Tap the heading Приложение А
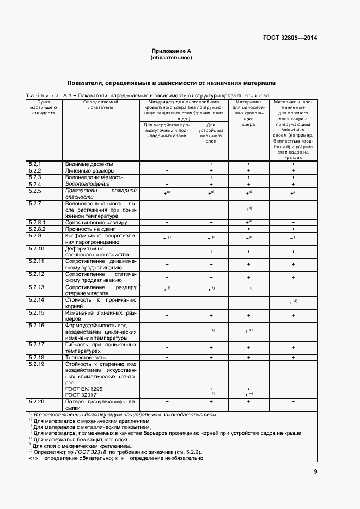pyautogui.click(x=172, y=51)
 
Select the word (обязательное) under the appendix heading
pyautogui.click(x=172, y=57)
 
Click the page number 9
pyautogui.click(x=315, y=471)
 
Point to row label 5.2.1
pyautogui.click(x=35, y=164)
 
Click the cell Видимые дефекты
pyautogui.click(x=89, y=164)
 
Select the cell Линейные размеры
pyautogui.click(x=90, y=170)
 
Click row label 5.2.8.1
pyautogui.click(x=38, y=222)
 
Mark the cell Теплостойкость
pyautogui.click(x=86, y=357)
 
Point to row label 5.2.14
pyautogui.click(x=36, y=300)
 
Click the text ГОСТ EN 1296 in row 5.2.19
pyautogui.click(x=83, y=388)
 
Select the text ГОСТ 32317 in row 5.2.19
pyautogui.click(x=81, y=395)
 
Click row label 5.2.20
pyautogui.click(x=36, y=401)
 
